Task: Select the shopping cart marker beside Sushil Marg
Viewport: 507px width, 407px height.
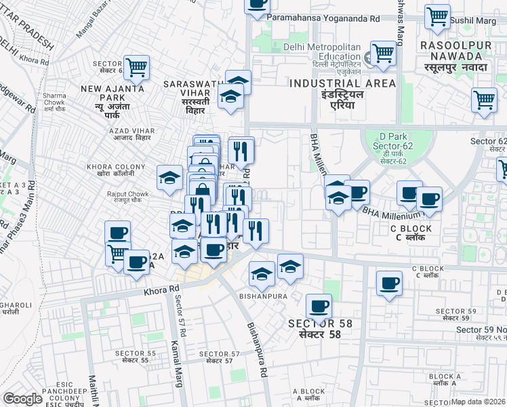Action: coord(437,16)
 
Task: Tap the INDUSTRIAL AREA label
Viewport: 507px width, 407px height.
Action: coord(342,89)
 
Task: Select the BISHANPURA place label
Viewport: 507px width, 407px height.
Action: coord(268,296)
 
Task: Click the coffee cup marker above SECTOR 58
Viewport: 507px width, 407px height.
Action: coord(318,306)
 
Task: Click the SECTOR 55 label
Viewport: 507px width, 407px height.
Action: coord(135,357)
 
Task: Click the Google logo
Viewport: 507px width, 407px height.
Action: coord(23,399)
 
